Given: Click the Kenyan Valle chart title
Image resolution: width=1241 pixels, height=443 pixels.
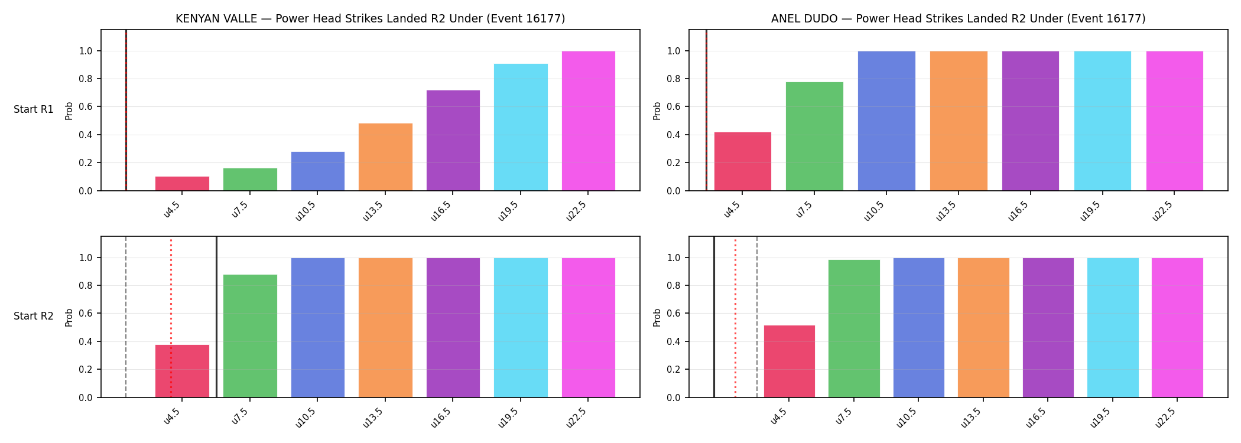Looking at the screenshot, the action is tap(371, 19).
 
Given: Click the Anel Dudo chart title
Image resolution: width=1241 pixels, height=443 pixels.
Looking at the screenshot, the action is tap(958, 19).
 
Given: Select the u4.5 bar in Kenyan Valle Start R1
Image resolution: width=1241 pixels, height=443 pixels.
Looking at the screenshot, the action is tap(182, 184).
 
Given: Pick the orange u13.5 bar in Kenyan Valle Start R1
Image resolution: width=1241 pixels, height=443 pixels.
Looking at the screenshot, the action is tap(385, 157).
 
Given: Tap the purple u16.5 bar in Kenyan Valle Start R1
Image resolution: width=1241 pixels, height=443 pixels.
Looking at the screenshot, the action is tap(453, 141).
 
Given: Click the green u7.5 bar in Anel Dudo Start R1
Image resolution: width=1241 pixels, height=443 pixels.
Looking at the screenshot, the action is tap(814, 136).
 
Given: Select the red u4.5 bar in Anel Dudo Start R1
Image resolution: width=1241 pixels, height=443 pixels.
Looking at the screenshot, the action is tap(743, 161).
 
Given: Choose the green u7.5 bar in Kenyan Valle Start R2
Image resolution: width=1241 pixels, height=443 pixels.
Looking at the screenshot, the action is tap(250, 336).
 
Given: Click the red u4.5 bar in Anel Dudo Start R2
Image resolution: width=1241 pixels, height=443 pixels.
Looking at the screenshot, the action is tap(790, 361).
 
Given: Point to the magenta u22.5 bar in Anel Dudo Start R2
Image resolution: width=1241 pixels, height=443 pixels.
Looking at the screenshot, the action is tap(1177, 328).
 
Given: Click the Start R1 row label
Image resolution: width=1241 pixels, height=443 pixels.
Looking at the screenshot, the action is tap(34, 110).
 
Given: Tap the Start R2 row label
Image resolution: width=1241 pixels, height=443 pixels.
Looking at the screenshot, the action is tap(34, 317).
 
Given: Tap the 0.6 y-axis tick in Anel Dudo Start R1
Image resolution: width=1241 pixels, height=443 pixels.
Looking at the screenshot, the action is tap(674, 107).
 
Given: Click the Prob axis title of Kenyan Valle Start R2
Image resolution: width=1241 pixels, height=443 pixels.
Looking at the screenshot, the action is tap(69, 317).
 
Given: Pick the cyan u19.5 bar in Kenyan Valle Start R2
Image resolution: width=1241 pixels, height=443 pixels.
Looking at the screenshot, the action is tap(521, 328).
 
